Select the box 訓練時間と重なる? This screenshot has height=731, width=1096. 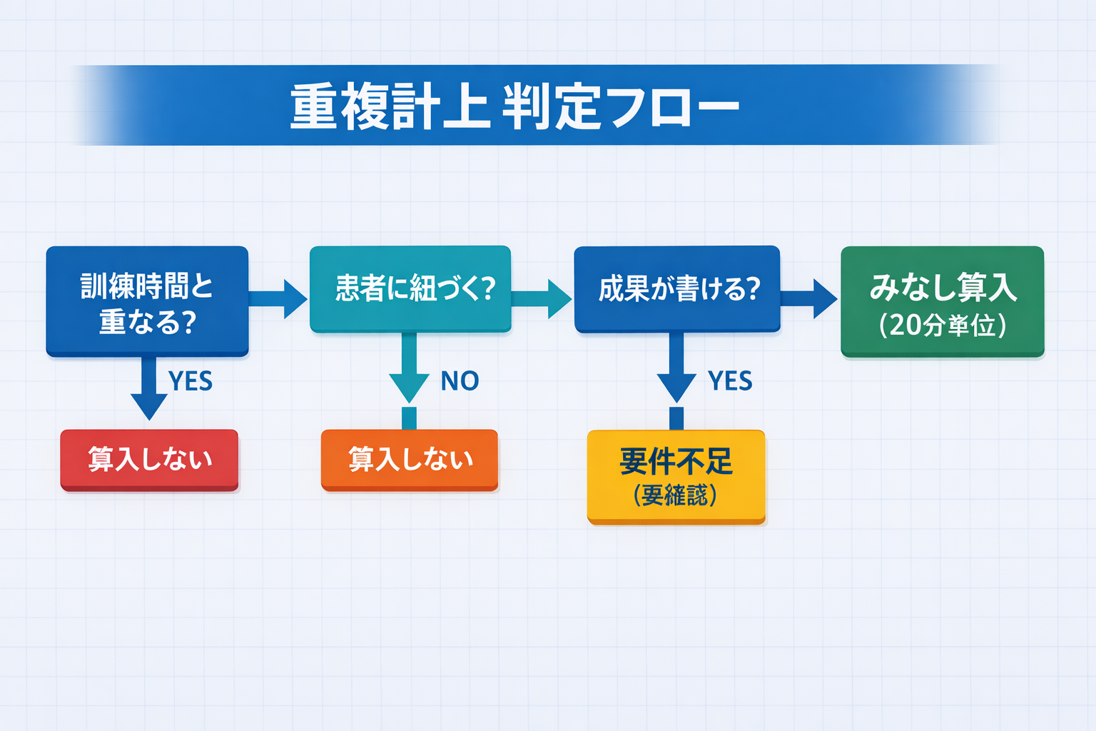(x=147, y=301)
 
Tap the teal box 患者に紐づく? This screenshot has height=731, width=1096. (x=410, y=289)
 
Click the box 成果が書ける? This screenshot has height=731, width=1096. (x=676, y=289)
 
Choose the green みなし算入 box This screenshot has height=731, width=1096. (x=942, y=301)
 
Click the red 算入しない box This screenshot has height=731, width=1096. (x=149, y=460)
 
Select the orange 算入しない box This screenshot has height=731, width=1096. (x=410, y=460)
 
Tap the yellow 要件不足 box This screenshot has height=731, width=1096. (x=676, y=476)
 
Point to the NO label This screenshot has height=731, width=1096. (x=460, y=381)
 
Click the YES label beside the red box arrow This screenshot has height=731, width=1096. (x=191, y=381)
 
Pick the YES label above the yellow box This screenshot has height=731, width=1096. (x=730, y=381)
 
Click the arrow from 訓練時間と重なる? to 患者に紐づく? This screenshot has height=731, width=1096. (x=278, y=298)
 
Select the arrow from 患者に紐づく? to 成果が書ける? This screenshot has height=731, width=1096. (x=542, y=298)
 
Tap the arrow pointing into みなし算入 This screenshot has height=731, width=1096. (x=809, y=298)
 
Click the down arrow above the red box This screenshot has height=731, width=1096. (x=149, y=389)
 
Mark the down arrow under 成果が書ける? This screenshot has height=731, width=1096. (x=676, y=371)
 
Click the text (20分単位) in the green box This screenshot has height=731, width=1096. (x=942, y=326)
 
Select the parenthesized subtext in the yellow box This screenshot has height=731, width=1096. (x=675, y=495)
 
